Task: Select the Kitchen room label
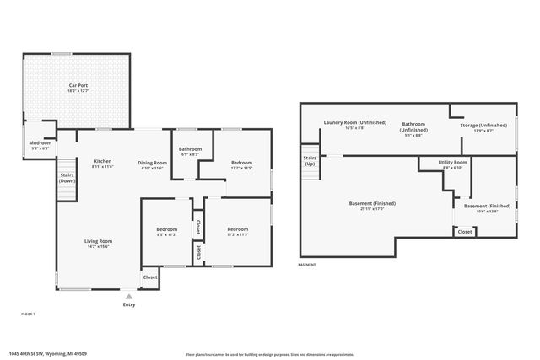click(x=103, y=164)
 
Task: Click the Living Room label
click(x=98, y=244)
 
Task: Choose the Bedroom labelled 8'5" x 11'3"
click(x=166, y=232)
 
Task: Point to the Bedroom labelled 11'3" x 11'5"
click(x=237, y=232)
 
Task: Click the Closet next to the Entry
click(x=149, y=277)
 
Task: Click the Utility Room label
click(x=452, y=164)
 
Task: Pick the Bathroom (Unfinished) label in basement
click(x=413, y=128)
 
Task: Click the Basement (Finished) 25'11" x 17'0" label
click(x=372, y=206)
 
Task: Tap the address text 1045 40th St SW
click(x=38, y=353)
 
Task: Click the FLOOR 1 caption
click(x=29, y=314)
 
